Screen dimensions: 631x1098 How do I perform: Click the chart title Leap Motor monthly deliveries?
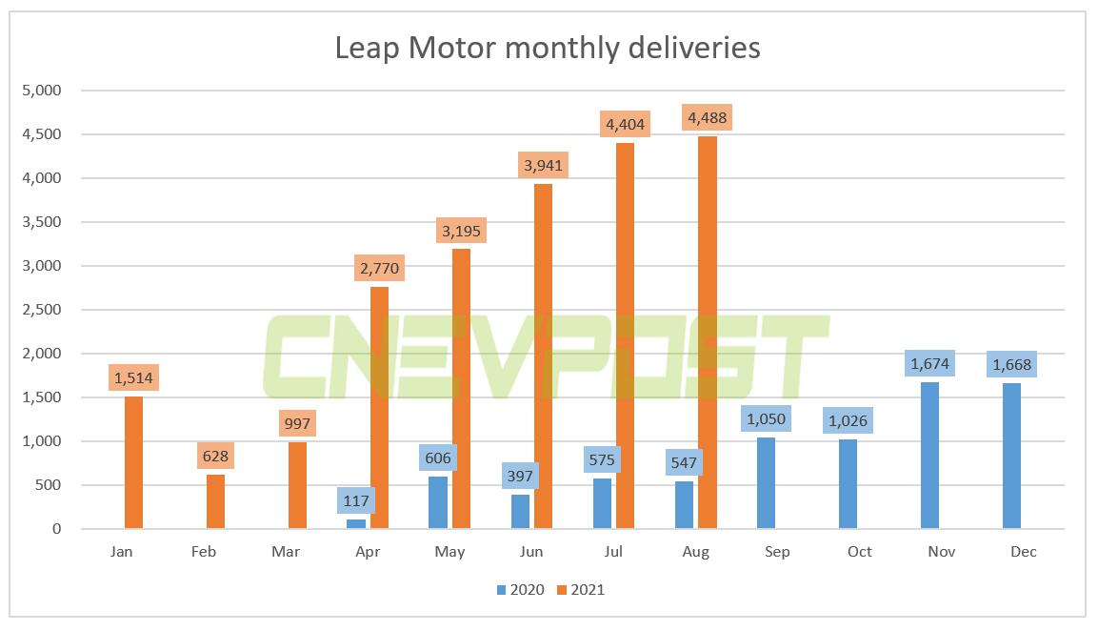[548, 47]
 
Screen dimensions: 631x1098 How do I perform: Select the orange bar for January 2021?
[133, 462]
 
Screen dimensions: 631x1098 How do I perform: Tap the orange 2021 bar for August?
[707, 334]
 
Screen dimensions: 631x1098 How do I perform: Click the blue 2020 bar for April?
[356, 523]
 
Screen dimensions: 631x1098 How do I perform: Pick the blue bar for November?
[930, 456]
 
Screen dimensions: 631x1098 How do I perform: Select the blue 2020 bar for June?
[520, 512]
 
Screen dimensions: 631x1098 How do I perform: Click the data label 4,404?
[625, 126]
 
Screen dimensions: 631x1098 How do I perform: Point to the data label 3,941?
[543, 166]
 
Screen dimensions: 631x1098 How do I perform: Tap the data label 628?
[215, 456]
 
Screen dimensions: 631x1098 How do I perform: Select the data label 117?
[356, 499]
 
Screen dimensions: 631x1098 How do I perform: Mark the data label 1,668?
[1011, 364]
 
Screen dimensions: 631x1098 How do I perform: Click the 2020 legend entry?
[520, 590]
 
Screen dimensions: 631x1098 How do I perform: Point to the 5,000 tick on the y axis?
[43, 91]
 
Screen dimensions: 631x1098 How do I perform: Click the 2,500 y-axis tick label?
[43, 310]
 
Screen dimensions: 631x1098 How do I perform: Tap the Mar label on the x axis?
[286, 552]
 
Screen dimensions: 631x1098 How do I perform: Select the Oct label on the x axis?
[859, 552]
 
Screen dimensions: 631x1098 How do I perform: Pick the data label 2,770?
[379, 269]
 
